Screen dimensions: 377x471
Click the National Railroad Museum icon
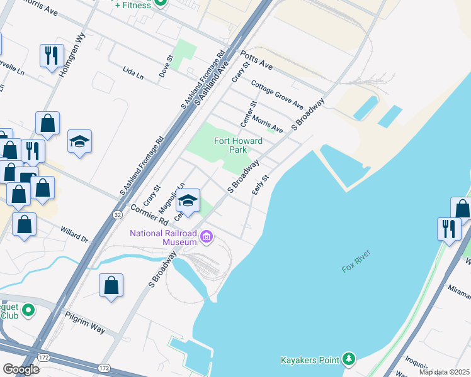(x=207, y=237)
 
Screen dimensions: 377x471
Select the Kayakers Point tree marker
(x=349, y=359)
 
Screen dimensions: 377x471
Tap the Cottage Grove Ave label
(x=277, y=94)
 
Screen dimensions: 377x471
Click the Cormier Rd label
(x=149, y=215)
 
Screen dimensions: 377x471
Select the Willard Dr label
(x=74, y=234)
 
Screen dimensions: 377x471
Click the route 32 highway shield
(x=118, y=214)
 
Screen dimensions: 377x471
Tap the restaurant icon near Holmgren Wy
(x=50, y=55)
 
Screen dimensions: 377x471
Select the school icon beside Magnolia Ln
(x=188, y=200)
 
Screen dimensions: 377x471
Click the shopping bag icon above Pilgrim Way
(x=111, y=285)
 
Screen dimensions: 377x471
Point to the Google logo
(x=21, y=369)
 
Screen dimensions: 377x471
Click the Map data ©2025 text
(x=445, y=372)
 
